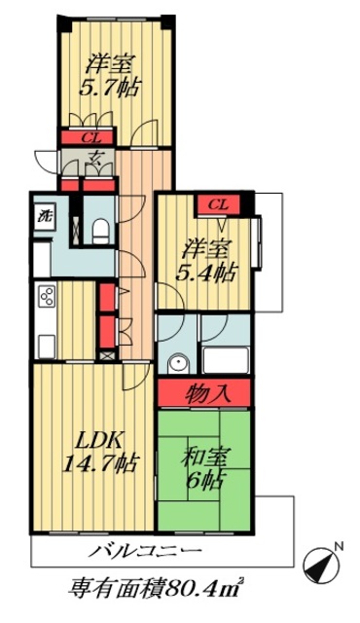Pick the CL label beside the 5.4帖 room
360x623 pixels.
[x=219, y=204]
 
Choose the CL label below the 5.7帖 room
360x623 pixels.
[x=89, y=137]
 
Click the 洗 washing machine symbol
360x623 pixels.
[x=44, y=217]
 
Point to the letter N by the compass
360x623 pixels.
[x=337, y=547]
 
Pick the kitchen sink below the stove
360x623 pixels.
[x=45, y=343]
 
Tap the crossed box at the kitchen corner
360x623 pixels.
[x=106, y=354]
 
